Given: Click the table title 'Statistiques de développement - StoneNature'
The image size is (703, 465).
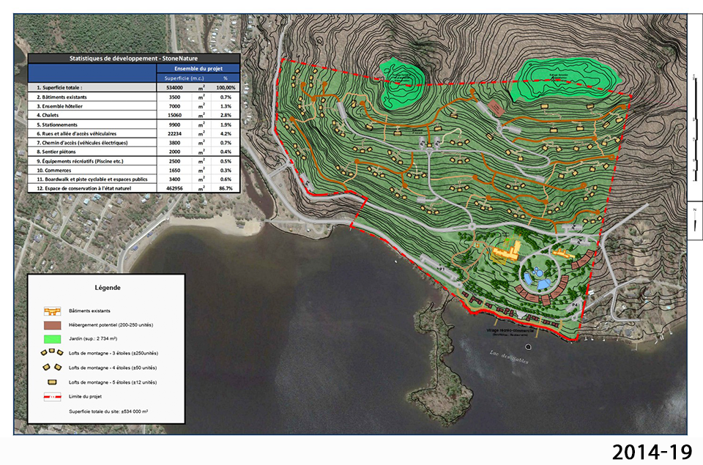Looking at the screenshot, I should (x=133, y=59).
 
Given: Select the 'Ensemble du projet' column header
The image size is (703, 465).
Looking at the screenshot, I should (x=198, y=68).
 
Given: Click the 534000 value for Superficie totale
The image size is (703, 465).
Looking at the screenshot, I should (x=174, y=87).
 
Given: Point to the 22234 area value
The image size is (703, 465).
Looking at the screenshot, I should (x=174, y=134).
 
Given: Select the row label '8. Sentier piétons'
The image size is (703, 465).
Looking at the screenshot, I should (x=62, y=152).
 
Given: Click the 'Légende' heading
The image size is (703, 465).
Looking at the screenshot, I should (x=107, y=288).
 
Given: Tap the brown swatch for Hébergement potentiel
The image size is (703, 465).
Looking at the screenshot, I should (x=51, y=324).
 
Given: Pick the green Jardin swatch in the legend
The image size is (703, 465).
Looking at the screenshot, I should (x=51, y=339).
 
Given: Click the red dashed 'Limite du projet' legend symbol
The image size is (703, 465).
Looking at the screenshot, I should (x=51, y=397).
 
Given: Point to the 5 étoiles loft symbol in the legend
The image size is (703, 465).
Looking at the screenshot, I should (x=51, y=382).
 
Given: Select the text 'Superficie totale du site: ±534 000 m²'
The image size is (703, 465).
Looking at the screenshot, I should (x=108, y=412).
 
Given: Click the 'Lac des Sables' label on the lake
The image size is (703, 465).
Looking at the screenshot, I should (x=507, y=357).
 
